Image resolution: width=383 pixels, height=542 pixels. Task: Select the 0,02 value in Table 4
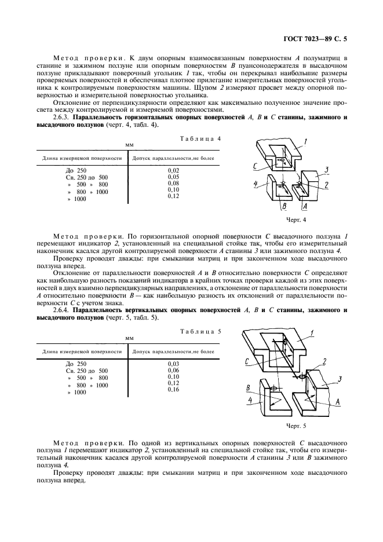[x=173, y=170]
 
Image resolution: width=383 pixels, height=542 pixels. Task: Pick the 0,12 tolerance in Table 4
[x=173, y=196]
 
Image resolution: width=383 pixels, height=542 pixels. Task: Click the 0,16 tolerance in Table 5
[x=173, y=390]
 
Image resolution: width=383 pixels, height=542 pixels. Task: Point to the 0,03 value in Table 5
[x=173, y=364]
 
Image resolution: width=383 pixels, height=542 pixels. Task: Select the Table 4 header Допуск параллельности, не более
[x=173, y=157]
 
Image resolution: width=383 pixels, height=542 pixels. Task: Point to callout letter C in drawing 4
[x=256, y=166]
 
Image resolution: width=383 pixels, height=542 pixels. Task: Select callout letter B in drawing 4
[x=284, y=205]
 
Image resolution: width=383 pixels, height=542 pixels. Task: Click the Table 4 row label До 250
[x=76, y=170]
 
